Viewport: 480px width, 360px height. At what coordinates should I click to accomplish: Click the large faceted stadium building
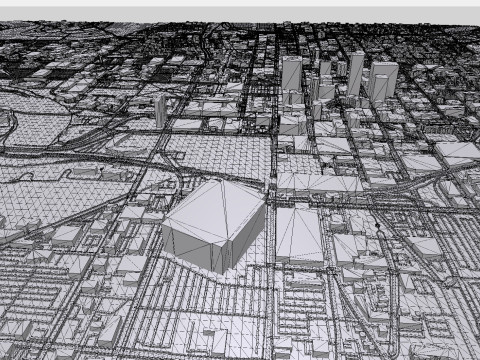pos(214,225)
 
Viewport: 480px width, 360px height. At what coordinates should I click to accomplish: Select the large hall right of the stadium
pos(298,236)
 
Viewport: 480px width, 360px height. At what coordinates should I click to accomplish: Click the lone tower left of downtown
pos(160,111)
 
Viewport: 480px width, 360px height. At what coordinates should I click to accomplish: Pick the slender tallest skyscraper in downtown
pos(355,74)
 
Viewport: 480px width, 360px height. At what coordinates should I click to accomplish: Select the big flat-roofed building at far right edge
pos(459,152)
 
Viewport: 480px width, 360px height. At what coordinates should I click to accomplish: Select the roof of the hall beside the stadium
pos(298,228)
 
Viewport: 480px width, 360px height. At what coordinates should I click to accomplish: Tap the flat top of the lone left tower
pos(160,98)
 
